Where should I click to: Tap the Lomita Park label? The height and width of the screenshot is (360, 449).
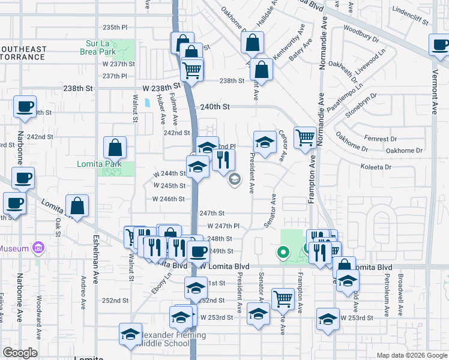point(99,164)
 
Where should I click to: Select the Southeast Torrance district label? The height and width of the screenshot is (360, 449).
point(23,53)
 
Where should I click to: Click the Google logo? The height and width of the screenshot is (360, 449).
point(20,353)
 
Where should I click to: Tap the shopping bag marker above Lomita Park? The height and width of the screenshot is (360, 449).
point(115,146)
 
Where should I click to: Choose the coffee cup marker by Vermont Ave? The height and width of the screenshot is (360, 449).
point(440,44)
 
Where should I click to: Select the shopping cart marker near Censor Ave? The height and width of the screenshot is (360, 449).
point(305,137)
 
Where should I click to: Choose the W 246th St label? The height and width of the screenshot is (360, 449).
point(169,199)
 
